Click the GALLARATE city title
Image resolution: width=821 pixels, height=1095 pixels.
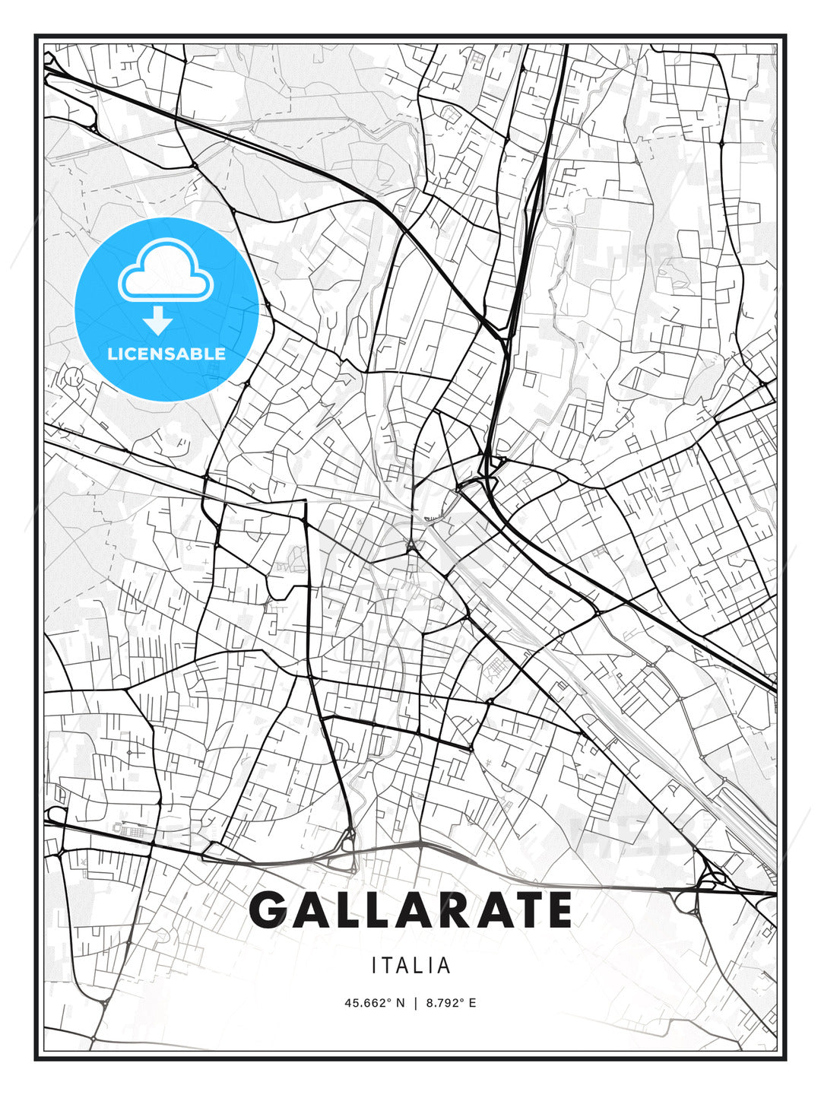click(x=410, y=909)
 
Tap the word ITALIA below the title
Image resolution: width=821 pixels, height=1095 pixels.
click(x=410, y=966)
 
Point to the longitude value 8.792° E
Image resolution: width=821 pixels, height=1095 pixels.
click(x=451, y=1003)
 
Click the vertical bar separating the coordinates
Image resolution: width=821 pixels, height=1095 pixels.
click(x=416, y=1003)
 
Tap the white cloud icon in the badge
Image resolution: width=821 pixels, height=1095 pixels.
click(x=165, y=271)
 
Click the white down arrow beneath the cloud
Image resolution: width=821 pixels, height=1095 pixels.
click(x=157, y=320)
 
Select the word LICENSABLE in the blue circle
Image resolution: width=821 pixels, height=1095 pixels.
click(x=166, y=354)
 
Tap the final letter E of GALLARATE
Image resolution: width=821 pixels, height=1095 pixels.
click(x=556, y=909)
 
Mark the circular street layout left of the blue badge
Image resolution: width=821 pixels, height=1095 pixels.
click(x=74, y=376)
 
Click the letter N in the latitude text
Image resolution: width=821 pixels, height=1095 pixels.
click(x=401, y=1003)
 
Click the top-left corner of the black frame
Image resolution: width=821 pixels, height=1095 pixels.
click(x=36, y=36)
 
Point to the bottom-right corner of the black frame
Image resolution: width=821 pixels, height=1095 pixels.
click(x=785, y=1058)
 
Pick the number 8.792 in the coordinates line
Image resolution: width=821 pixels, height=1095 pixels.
click(x=444, y=1003)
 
